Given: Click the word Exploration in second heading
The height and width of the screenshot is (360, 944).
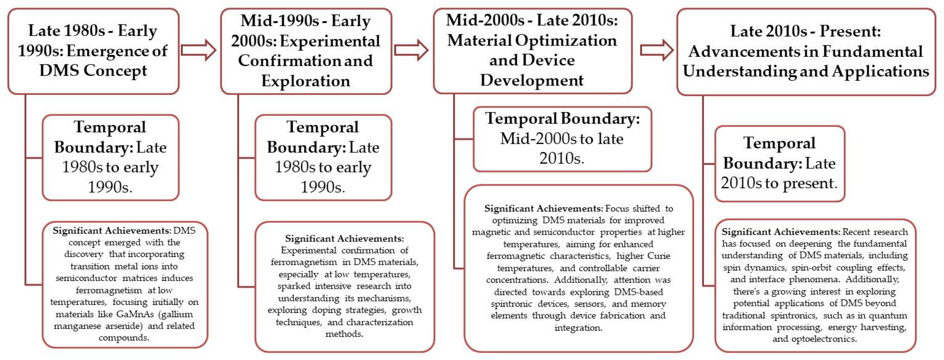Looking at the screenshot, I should point(306,81).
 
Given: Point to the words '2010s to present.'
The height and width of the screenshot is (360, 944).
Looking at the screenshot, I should point(779,183).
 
